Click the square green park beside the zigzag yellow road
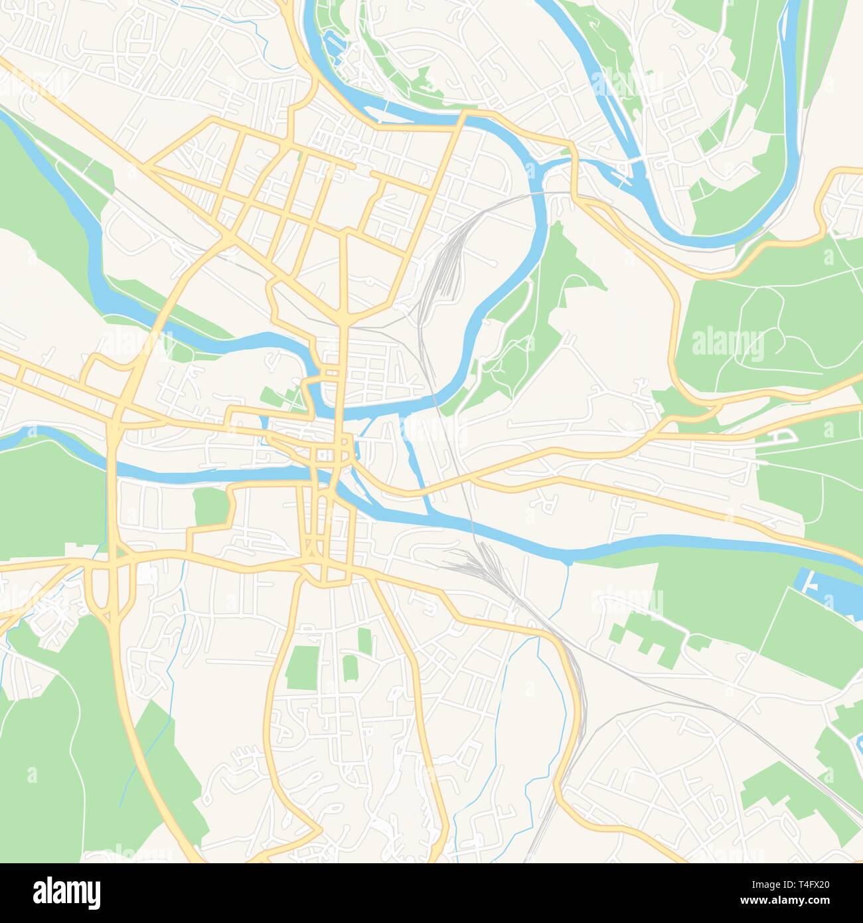tap(210, 507)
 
